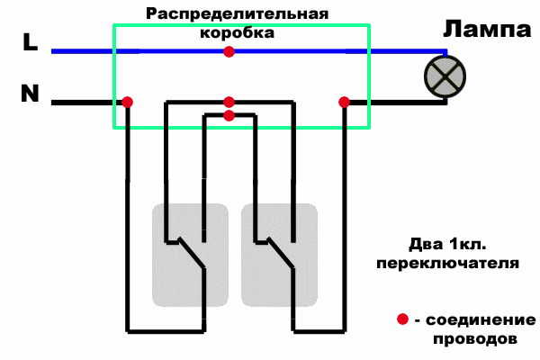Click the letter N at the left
[29, 94]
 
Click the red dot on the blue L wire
[229, 52]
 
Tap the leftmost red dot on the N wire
[128, 103]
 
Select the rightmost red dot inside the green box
[343, 103]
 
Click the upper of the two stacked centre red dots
[229, 103]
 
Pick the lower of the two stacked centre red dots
[229, 115]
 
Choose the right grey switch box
[279, 254]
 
